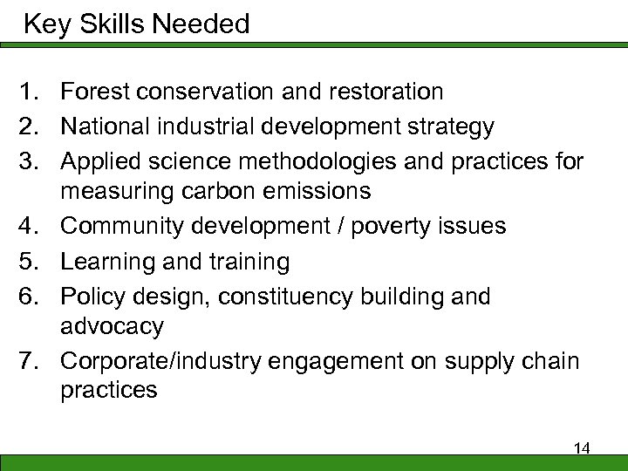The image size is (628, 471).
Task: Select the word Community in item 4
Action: click(x=125, y=226)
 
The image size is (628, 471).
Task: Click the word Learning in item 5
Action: click(x=106, y=262)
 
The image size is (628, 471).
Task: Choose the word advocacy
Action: click(x=112, y=327)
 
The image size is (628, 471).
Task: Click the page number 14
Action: click(x=582, y=448)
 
